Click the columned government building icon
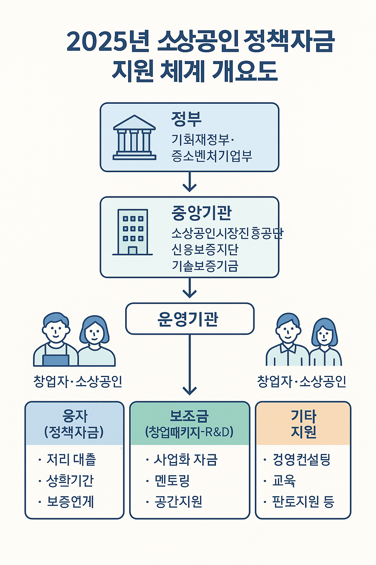pyautogui.click(x=134, y=138)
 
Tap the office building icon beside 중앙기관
pyautogui.click(x=133, y=232)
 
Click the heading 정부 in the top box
pyautogui.click(x=186, y=118)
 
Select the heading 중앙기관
pyautogui.click(x=202, y=213)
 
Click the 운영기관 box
pyautogui.click(x=189, y=319)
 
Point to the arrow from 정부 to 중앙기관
pyautogui.click(x=189, y=182)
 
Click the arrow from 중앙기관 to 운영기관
pyautogui.click(x=189, y=288)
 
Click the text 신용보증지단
pyautogui.click(x=205, y=249)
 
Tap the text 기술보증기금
pyautogui.click(x=205, y=266)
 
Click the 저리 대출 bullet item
pyautogui.click(x=71, y=459)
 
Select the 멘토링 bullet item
pyautogui.click(x=172, y=480)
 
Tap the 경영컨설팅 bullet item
pyautogui.click(x=301, y=459)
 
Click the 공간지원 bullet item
pyautogui.click(x=178, y=501)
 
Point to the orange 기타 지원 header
pyautogui.click(x=303, y=424)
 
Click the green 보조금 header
pyautogui.click(x=189, y=424)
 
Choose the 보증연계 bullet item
pyautogui.click(x=70, y=501)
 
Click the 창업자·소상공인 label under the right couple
pyautogui.click(x=301, y=381)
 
